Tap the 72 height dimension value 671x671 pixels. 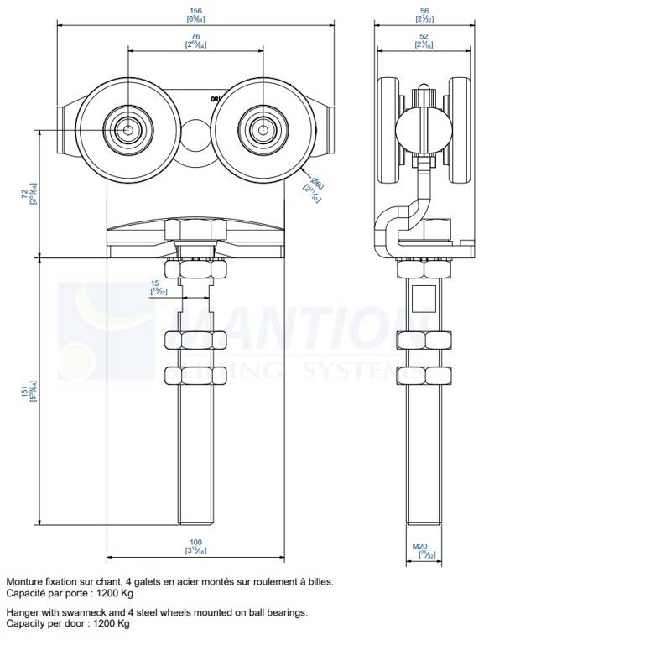[24, 195]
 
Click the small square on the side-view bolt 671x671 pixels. [425, 294]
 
